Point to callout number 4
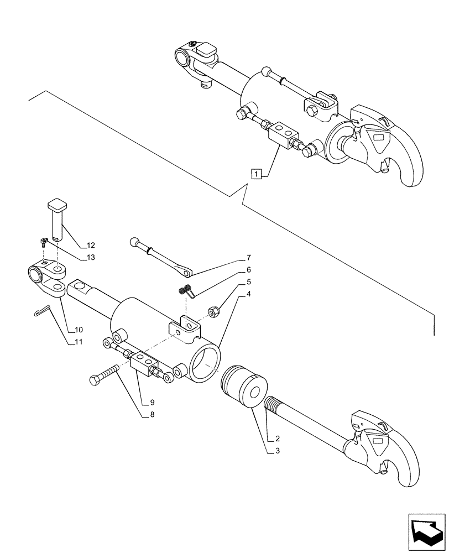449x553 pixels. click(249, 294)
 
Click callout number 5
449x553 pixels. click(249, 282)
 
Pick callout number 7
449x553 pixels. click(249, 258)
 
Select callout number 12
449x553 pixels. click(91, 245)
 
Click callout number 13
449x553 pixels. click(91, 258)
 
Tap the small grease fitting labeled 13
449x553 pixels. click(43, 242)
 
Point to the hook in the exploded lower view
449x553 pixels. click(387, 442)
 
